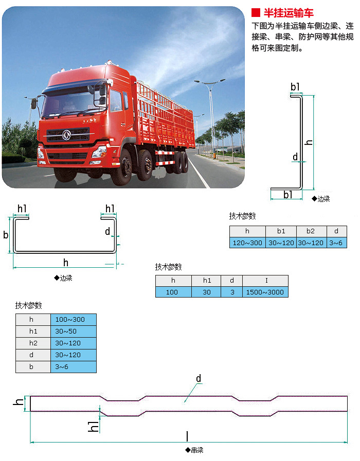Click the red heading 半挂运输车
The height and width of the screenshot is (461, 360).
point(288,13)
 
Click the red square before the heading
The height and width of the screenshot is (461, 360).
point(255,13)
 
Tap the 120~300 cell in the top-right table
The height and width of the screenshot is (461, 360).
point(247,243)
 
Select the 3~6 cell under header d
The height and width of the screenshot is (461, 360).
point(336,243)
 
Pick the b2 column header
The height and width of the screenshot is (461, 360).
point(310,231)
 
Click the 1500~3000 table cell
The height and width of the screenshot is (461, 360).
point(265,292)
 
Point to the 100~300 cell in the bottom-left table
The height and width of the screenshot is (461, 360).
point(74,319)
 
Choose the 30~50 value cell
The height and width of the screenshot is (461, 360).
point(74,331)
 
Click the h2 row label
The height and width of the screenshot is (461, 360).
point(33,343)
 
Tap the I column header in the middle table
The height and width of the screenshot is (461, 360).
point(265,281)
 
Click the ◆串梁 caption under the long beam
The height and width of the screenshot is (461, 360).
point(194,450)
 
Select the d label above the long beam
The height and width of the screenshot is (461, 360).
point(199,379)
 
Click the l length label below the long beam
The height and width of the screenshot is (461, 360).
point(187,436)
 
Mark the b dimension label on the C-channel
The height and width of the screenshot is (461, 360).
point(6,235)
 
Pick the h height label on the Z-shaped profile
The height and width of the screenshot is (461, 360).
point(309,141)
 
